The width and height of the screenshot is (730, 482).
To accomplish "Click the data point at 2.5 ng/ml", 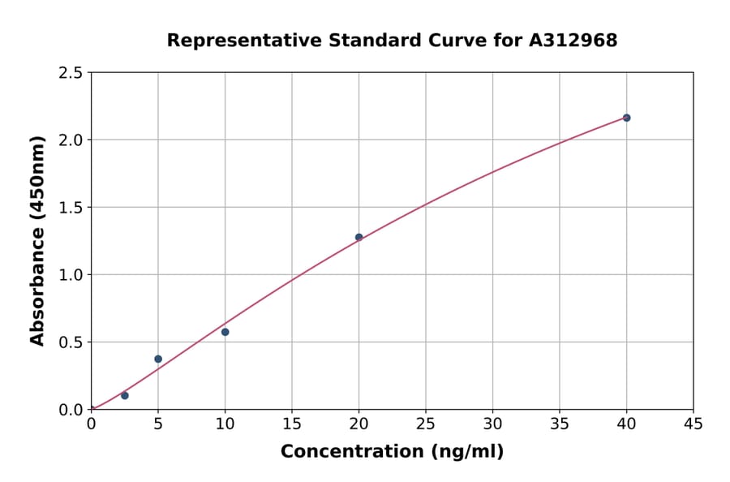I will [125, 395].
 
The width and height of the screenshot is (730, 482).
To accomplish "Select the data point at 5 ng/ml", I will [158, 359].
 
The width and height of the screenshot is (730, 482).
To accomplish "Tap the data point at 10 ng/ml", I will [225, 332].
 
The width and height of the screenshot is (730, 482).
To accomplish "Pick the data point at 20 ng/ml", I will [359, 237].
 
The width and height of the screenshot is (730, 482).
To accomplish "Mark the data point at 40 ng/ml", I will [627, 118].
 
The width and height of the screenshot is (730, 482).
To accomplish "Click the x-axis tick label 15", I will [292, 424].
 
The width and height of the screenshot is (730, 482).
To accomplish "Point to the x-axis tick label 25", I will [426, 424].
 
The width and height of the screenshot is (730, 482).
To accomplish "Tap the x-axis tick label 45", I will [693, 424].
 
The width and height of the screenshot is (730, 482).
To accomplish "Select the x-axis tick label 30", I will [493, 424].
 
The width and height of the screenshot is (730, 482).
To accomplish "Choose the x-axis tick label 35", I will [560, 424].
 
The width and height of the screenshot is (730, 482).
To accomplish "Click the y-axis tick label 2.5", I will [71, 73].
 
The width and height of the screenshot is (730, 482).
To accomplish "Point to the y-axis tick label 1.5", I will [71, 208].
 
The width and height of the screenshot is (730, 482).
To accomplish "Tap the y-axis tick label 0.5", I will [71, 342].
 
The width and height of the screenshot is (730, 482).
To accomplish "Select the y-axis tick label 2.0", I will [71, 140].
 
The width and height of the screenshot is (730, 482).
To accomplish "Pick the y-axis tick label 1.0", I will [71, 275].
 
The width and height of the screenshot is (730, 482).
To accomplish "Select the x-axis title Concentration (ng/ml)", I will [392, 452].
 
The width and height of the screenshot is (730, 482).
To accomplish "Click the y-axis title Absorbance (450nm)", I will [37, 240].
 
